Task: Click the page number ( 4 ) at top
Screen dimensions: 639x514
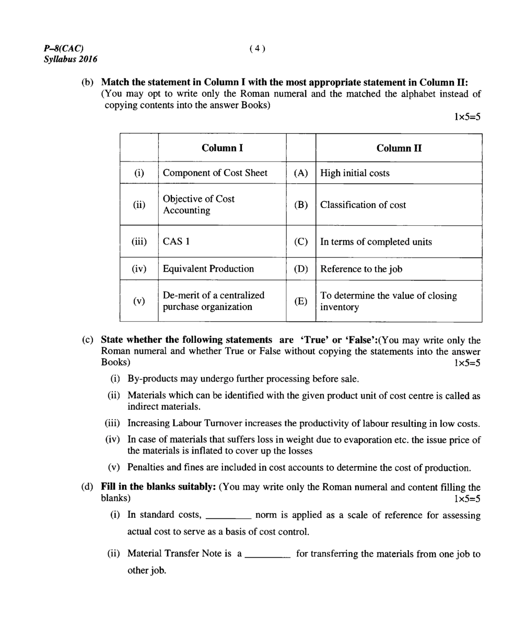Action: pyautogui.click(x=258, y=49)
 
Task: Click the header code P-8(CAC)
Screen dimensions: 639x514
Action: pyautogui.click(x=64, y=49)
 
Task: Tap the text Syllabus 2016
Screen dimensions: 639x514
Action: pyautogui.click(x=71, y=59)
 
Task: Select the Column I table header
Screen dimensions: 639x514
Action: pyautogui.click(x=222, y=148)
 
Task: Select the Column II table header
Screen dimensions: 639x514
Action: pyautogui.click(x=399, y=148)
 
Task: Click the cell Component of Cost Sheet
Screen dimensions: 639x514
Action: pyautogui.click(x=215, y=173)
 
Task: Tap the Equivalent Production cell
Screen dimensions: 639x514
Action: pyautogui.click(x=208, y=269)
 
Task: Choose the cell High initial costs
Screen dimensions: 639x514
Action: pyautogui.click(x=355, y=173)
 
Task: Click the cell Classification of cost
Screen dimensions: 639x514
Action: pyautogui.click(x=363, y=205)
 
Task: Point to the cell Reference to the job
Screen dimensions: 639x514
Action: pyautogui.click(x=361, y=269)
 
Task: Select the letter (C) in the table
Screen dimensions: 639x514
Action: pyautogui.click(x=301, y=242)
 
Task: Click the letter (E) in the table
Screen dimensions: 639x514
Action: pyautogui.click(x=301, y=301)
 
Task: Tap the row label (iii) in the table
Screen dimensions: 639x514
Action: pyautogui.click(x=139, y=242)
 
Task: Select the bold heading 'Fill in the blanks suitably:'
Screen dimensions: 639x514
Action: pyautogui.click(x=158, y=487)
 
